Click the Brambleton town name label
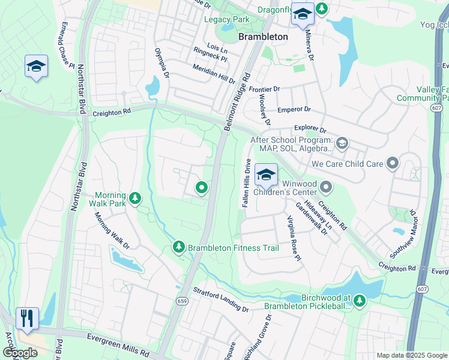pos(263,36)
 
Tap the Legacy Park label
pos(226,19)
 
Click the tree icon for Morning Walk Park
pos(136,197)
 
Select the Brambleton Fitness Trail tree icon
pos(178,247)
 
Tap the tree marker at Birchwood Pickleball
pos(360,300)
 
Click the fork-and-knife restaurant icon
pos(27,317)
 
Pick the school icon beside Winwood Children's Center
pos(266,175)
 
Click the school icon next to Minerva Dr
pos(302,14)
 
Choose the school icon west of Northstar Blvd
pos(36,66)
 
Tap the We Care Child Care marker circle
pos(393,163)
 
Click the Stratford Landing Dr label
pos(220,298)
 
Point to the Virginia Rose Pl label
pos(292,238)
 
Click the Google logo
pos(19,353)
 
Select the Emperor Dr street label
pos(294,110)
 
